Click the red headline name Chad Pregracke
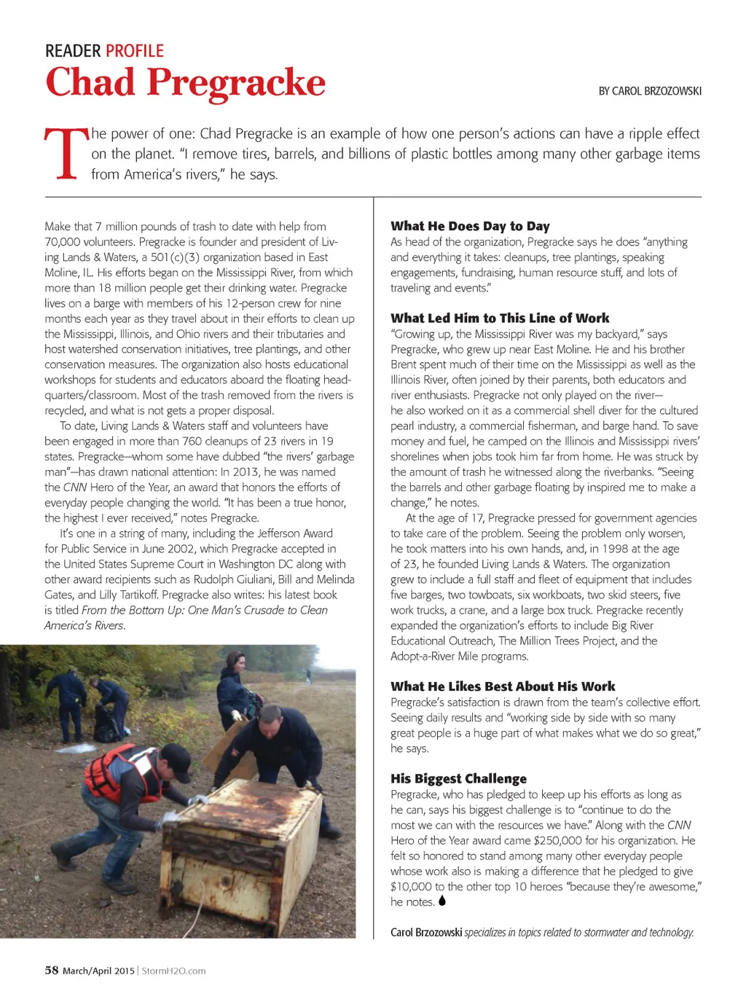point(185,82)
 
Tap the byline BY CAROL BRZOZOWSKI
point(650,91)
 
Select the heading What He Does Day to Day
point(470,226)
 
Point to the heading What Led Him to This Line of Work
point(500,318)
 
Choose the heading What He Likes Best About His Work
point(503,686)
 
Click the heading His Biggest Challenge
point(458,778)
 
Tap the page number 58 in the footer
point(52,970)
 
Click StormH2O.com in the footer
point(173,971)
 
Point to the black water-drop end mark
point(442,901)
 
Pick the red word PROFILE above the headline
point(135,51)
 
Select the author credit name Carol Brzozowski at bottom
point(426,932)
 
